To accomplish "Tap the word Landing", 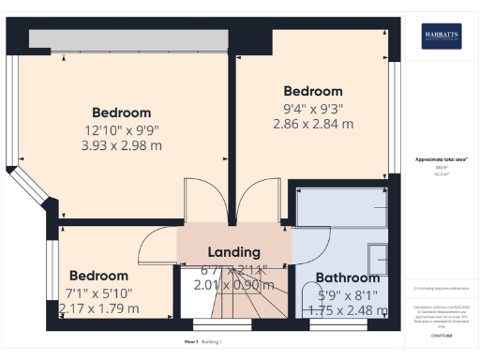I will tap(232, 252).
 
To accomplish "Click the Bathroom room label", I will tap(347, 277).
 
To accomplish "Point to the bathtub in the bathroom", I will tap(341, 205).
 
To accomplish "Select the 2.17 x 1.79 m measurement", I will tap(98, 307).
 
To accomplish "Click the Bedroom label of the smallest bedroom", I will tap(97, 276).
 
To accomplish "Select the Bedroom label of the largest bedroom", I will tap(122, 112).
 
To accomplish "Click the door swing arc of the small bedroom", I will tap(155, 246).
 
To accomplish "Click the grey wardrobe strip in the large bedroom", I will tap(128, 39).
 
